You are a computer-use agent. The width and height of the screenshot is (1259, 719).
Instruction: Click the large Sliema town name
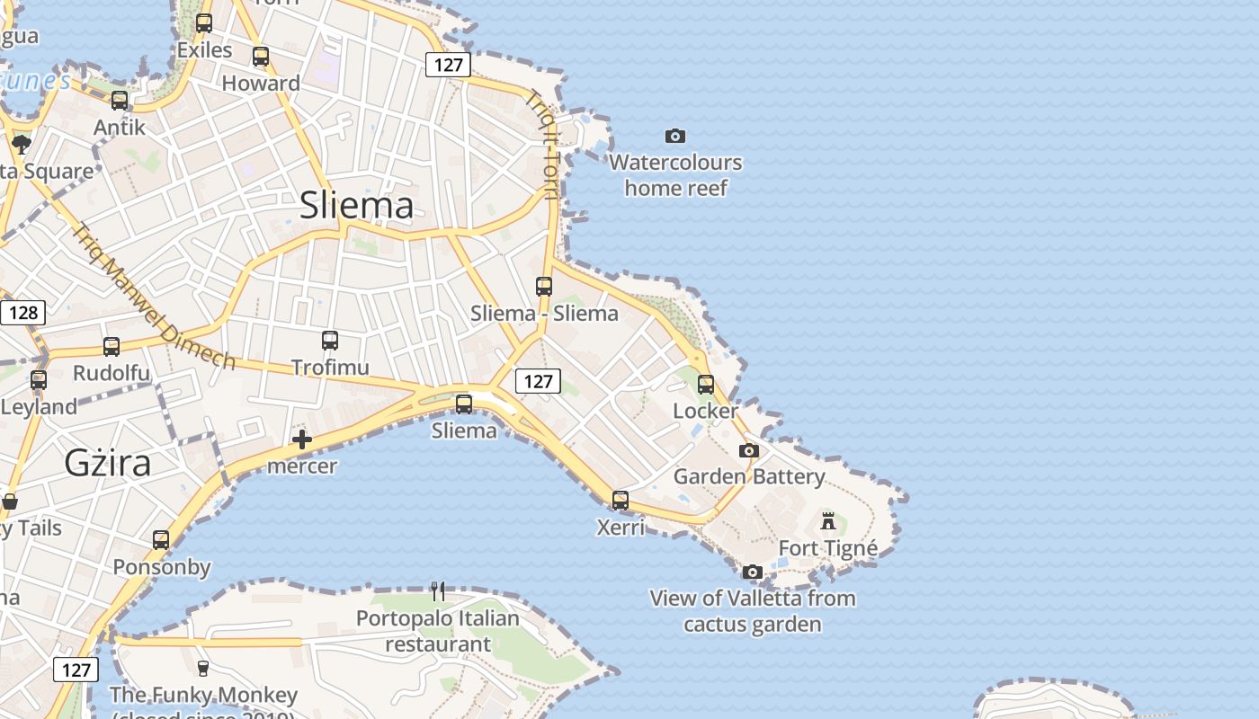[356, 205]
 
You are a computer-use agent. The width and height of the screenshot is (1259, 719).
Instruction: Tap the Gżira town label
[107, 463]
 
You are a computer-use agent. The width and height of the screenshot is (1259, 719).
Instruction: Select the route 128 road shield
[22, 313]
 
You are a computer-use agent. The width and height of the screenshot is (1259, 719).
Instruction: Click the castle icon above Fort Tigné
[828, 520]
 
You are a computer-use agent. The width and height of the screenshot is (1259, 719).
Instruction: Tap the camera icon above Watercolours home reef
[675, 136]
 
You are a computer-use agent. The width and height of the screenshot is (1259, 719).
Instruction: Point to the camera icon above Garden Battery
[749, 450]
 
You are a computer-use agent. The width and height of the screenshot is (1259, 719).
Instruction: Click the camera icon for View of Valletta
[753, 572]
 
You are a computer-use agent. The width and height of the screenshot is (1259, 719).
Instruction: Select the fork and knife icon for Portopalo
[438, 591]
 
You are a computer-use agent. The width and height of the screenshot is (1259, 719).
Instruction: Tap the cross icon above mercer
[302, 439]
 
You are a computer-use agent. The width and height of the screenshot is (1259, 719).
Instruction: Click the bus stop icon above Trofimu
[330, 341]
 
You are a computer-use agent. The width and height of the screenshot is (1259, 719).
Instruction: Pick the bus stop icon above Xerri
[621, 501]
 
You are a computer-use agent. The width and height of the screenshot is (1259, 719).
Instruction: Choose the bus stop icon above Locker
[706, 385]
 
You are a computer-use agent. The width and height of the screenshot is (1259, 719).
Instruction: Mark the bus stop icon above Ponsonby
[161, 540]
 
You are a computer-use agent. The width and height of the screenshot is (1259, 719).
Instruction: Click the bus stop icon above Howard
[261, 57]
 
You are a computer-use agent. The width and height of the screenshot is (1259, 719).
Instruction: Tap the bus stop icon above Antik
[120, 101]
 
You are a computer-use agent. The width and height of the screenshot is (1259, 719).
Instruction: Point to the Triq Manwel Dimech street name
[154, 297]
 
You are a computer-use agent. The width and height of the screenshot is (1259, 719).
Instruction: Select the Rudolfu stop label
[112, 373]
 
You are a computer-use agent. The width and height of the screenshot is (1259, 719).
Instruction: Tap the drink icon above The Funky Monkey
[203, 668]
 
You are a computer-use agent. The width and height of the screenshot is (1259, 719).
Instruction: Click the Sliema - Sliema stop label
[544, 313]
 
